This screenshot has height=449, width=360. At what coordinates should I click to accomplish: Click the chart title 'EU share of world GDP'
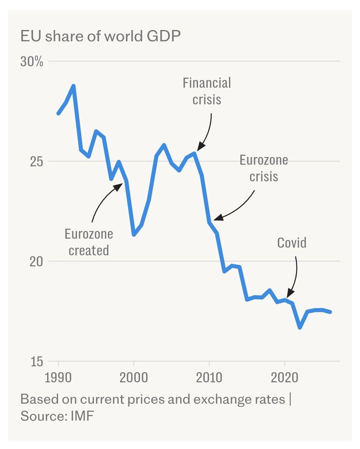coord(100,36)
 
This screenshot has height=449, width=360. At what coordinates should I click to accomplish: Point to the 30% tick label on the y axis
coord(32,62)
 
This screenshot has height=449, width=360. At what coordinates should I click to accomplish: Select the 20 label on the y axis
coord(36,262)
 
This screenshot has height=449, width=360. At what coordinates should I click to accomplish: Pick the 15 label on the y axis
coord(36,362)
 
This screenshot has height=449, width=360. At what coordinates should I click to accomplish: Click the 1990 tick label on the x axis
coord(58,378)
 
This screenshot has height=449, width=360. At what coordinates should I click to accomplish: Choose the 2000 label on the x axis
coord(134,378)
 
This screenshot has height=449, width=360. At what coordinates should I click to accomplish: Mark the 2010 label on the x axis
coord(209,378)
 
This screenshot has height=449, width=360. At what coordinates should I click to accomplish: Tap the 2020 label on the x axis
coord(284,378)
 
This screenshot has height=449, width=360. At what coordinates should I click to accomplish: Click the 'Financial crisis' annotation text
coord(207,91)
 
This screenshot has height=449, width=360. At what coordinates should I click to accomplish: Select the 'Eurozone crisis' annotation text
coord(264,168)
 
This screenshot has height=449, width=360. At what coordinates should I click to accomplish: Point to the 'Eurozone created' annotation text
coord(89,242)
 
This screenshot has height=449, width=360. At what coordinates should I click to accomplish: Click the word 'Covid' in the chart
coord(292,243)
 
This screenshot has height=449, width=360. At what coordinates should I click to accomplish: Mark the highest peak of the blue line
coord(74,86)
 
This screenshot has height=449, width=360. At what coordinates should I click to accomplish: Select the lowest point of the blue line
coord(300,328)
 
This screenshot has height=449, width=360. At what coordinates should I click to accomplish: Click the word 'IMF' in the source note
coord(82,416)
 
